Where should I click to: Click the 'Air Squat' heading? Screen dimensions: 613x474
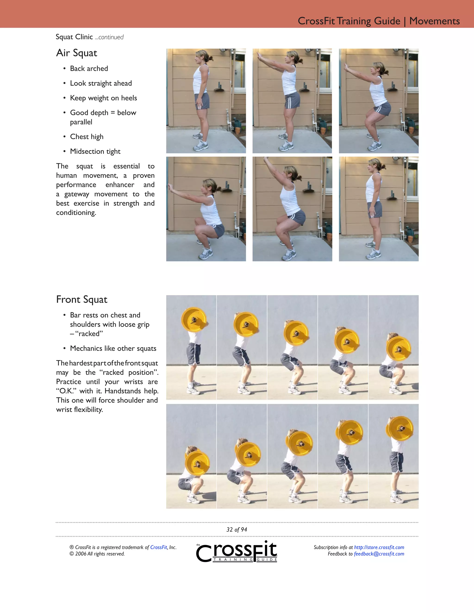click(x=77, y=53)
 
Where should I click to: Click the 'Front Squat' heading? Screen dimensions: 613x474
click(x=82, y=300)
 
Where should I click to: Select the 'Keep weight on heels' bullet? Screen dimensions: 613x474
click(x=103, y=98)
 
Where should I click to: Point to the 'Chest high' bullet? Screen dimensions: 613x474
click(x=87, y=137)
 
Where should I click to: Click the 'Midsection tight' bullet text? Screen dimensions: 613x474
click(x=95, y=151)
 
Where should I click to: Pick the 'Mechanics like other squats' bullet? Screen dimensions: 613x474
click(x=113, y=348)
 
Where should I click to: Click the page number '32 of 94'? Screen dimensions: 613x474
click(x=237, y=530)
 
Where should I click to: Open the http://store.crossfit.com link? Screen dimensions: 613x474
click(x=379, y=547)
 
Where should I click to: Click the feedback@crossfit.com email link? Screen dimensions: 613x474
click(x=379, y=554)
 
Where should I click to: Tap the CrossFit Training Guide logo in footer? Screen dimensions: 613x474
click(x=237, y=552)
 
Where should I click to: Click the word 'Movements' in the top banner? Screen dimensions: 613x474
click(x=434, y=21)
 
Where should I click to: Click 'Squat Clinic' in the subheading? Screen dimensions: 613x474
click(x=74, y=37)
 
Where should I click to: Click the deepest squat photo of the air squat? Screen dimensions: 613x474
click(x=206, y=209)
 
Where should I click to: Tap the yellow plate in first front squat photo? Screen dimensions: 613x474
click(x=193, y=320)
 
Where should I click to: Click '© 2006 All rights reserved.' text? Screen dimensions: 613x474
click(x=97, y=554)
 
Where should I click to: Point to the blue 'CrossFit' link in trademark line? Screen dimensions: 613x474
click(x=159, y=547)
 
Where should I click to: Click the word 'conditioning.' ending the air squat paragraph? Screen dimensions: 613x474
click(x=76, y=213)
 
